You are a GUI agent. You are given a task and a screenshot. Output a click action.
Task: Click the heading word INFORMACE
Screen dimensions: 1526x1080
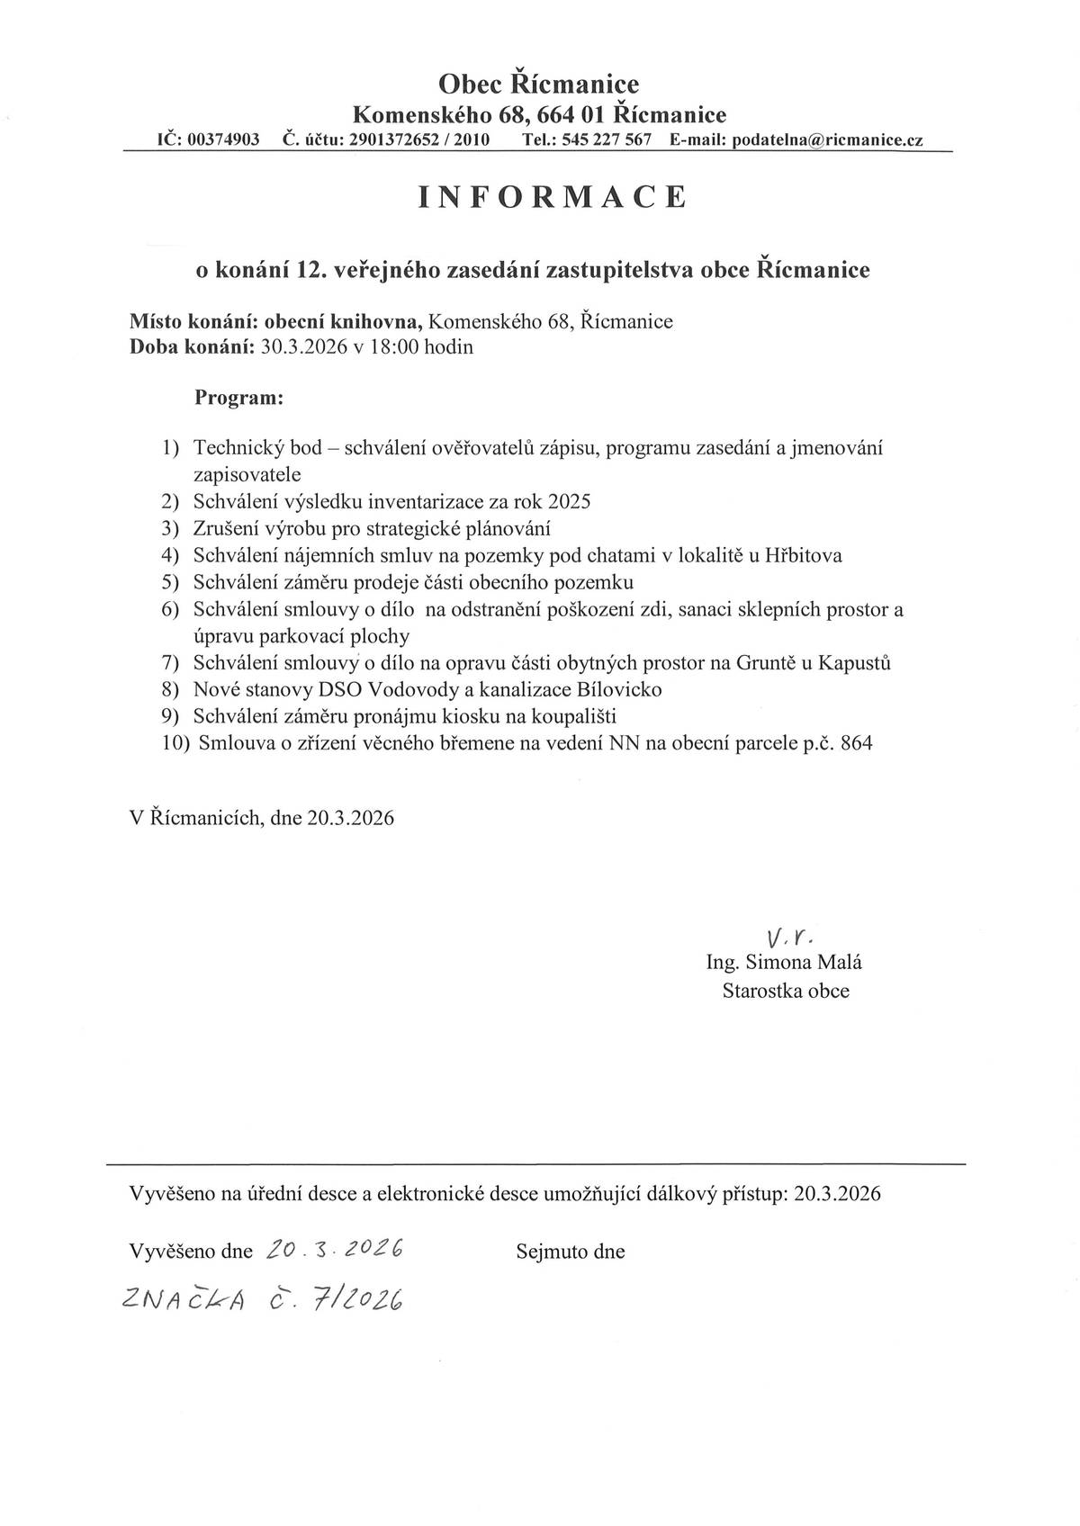(x=553, y=197)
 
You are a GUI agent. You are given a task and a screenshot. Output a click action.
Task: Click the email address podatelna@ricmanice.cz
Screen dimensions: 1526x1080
(x=828, y=140)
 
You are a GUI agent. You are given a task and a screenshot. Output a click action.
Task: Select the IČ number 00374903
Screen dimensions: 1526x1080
(x=223, y=140)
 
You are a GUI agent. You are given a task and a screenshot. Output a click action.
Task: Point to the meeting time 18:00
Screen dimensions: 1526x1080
(x=392, y=347)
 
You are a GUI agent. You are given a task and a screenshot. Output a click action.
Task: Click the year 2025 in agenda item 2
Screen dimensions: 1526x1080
(x=569, y=501)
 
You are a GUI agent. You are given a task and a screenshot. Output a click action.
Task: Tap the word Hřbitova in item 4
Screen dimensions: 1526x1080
(x=803, y=555)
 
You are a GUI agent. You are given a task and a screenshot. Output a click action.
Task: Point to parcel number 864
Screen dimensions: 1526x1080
(x=856, y=743)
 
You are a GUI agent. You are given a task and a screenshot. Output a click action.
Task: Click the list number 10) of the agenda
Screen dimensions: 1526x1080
(x=176, y=743)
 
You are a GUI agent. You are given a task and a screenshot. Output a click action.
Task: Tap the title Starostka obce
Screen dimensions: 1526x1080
(x=786, y=991)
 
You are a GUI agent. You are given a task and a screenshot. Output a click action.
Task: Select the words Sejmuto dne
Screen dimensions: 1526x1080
(x=571, y=1252)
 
